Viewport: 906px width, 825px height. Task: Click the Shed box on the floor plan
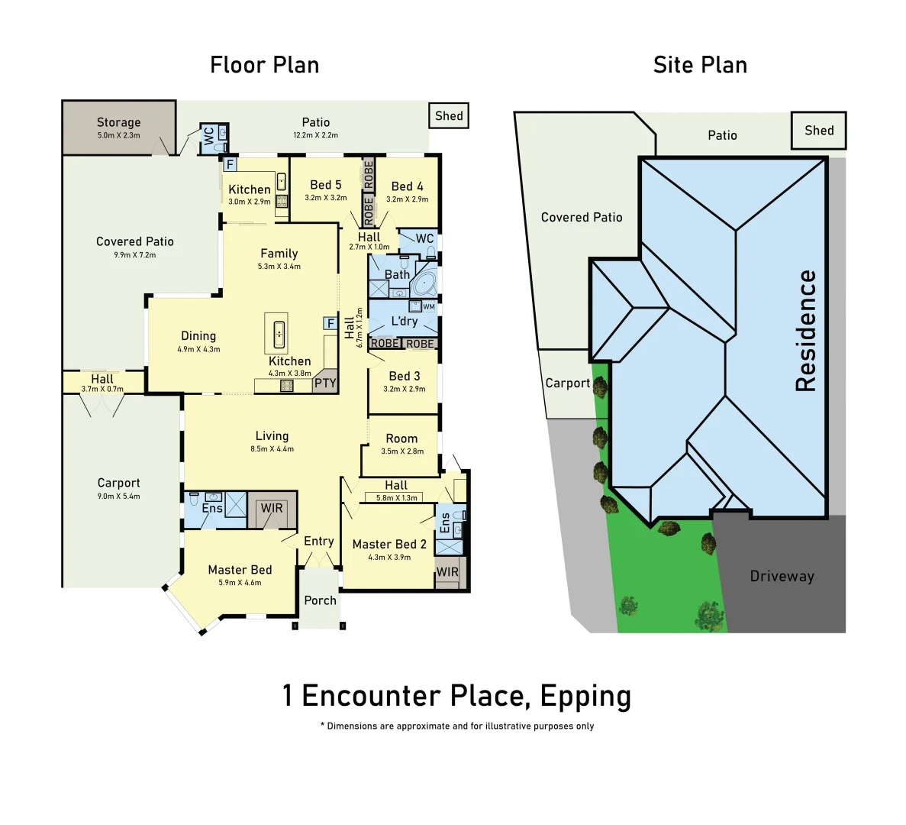449,116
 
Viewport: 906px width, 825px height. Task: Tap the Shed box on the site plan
819,131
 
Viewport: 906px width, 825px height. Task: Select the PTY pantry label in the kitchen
325,383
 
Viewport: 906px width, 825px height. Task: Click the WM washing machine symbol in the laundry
428,307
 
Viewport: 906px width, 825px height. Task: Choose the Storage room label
118,122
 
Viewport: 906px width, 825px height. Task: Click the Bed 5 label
326,185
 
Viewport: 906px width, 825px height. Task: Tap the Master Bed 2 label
389,544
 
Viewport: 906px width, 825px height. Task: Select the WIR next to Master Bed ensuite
272,508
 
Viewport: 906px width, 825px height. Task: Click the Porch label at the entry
320,600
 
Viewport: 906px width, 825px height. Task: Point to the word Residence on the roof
806,331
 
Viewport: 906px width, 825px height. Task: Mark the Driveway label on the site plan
782,577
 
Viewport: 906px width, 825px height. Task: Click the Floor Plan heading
264,65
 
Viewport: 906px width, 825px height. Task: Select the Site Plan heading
700,65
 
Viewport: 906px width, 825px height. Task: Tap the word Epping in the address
585,696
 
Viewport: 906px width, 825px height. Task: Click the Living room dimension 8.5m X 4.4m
272,449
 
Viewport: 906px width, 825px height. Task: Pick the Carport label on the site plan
567,383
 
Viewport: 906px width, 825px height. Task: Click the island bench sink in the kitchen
279,332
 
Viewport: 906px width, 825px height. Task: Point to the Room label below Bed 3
401,438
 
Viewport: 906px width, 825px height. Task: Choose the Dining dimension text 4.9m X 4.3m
198,349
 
